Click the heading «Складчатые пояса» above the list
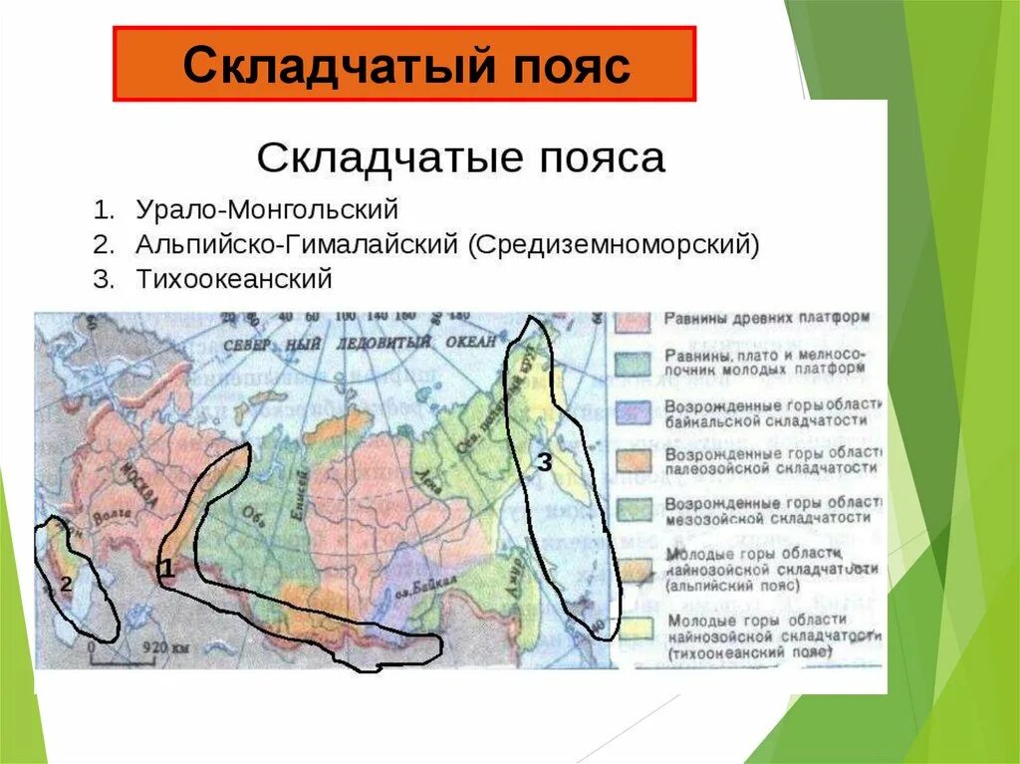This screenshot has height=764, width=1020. (x=460, y=157)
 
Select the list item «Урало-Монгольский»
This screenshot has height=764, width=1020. (x=267, y=210)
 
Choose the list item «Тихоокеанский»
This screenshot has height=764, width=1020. (x=234, y=279)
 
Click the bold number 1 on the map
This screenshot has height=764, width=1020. (x=168, y=569)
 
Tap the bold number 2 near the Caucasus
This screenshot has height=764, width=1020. (x=65, y=585)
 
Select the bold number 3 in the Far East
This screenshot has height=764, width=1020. (x=544, y=462)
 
